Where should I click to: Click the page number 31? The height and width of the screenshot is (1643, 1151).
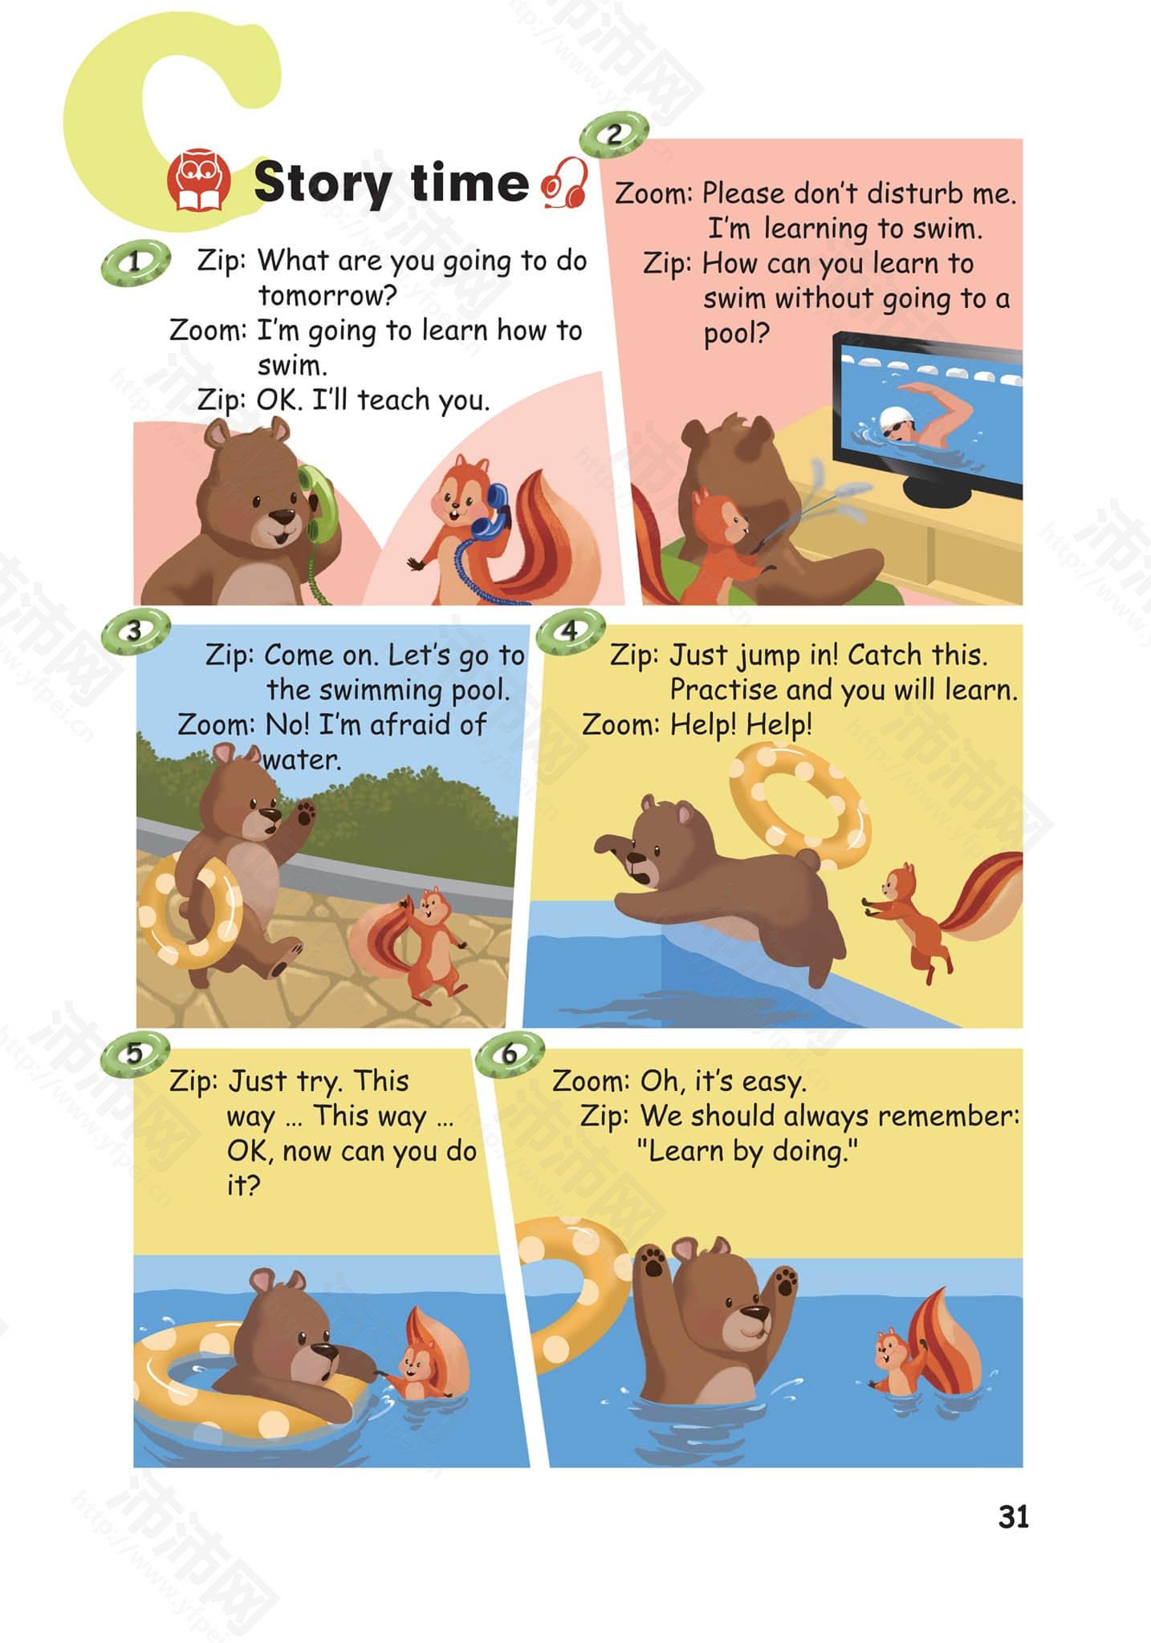click(1013, 1517)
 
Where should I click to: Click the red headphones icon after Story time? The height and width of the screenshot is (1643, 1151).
click(565, 182)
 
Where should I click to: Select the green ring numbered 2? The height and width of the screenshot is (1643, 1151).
click(614, 133)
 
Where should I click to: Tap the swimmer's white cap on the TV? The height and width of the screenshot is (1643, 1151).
click(893, 418)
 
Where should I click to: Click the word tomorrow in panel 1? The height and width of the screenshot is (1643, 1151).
click(328, 296)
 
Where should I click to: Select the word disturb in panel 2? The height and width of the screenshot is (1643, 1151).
click(915, 193)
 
